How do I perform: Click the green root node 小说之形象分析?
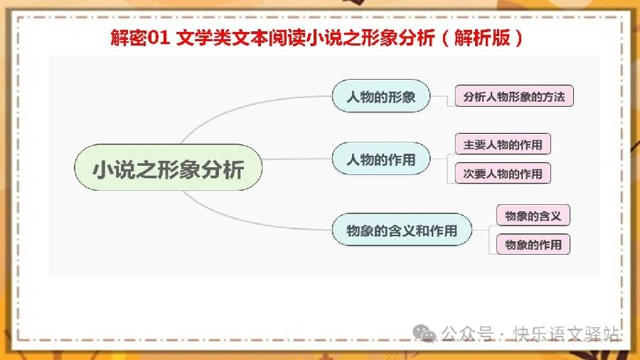(168, 167)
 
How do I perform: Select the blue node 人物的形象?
(381, 96)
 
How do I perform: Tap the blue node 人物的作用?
(381, 159)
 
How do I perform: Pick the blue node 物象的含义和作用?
(402, 230)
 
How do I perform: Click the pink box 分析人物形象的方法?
(514, 96)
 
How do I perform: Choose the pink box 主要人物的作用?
(503, 144)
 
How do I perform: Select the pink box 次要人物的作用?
(503, 174)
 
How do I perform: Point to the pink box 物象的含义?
(533, 215)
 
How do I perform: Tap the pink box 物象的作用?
(533, 244)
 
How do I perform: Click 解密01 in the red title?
(140, 38)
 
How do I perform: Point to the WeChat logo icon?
(424, 334)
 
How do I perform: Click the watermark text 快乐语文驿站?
(566, 334)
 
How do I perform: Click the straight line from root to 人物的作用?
(297, 159)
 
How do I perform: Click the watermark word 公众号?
(467, 334)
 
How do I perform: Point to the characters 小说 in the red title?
(324, 38)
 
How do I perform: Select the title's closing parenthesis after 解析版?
(518, 38)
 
